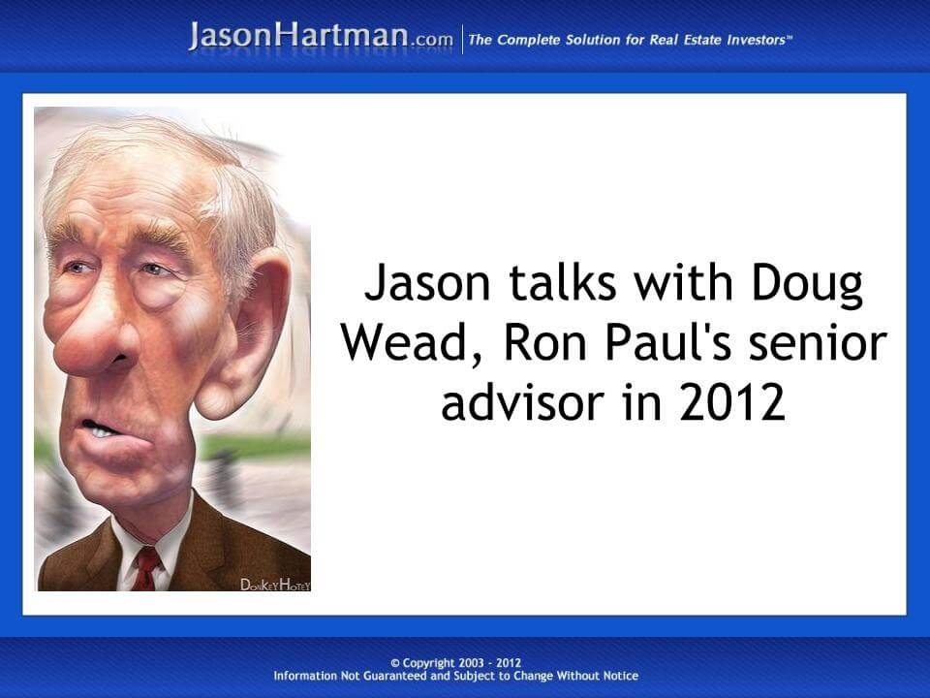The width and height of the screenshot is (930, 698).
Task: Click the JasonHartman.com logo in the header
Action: pyautogui.click(x=321, y=37)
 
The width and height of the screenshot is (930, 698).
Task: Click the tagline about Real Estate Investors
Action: pyautogui.click(x=631, y=40)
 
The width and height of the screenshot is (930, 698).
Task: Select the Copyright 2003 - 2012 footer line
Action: pyautogui.click(x=455, y=663)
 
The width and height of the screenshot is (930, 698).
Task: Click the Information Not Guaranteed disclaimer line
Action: pyautogui.click(x=455, y=676)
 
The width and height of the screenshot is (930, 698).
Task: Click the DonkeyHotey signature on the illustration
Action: pyautogui.click(x=274, y=584)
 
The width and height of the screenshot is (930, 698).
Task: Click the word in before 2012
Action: pyautogui.click(x=649, y=402)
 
